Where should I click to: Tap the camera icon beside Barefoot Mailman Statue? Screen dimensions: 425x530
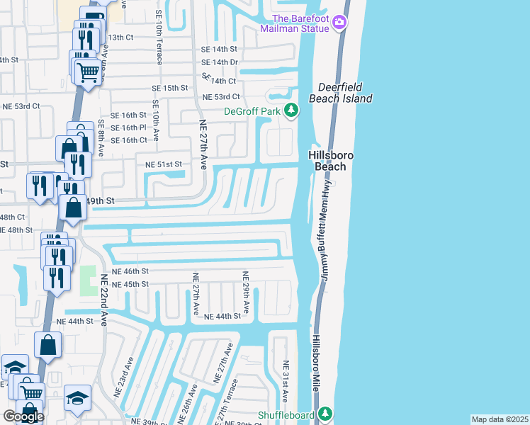pos(339,23)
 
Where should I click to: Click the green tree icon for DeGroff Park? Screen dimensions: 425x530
pos(291,110)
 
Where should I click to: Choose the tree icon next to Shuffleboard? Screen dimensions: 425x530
pos(325,412)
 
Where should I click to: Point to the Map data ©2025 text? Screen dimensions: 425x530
pos(499,419)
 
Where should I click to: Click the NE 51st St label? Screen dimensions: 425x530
pos(164,164)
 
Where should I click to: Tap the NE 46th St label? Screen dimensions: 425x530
pos(129,271)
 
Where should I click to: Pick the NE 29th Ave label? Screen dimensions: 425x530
pos(246,293)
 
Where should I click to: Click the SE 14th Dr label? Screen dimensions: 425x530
pos(219,62)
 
